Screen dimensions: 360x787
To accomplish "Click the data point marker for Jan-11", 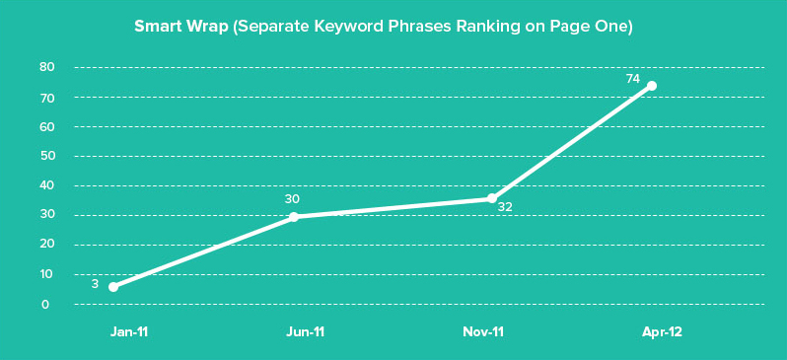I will (113, 287).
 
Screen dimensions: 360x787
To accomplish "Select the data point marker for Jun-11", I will (294, 217).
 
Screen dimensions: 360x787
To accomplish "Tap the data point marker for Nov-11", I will (492, 199).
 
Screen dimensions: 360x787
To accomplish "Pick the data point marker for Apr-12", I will (652, 86).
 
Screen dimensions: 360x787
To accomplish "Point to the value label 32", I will (505, 207).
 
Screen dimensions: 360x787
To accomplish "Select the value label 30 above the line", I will (292, 199).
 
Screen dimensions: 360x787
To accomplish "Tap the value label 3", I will (95, 284).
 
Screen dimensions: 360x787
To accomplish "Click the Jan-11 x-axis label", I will (129, 332).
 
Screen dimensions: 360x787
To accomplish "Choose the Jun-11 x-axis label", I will (304, 332).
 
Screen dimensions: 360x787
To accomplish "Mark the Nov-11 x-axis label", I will (483, 332).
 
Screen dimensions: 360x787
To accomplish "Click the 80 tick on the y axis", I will (46, 67).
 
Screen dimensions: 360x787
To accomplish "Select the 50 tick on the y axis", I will (46, 156).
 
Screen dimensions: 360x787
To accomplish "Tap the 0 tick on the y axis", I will (46, 304).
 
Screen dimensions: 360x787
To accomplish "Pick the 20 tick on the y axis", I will (46, 245).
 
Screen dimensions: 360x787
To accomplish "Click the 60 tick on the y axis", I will (46, 126).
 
